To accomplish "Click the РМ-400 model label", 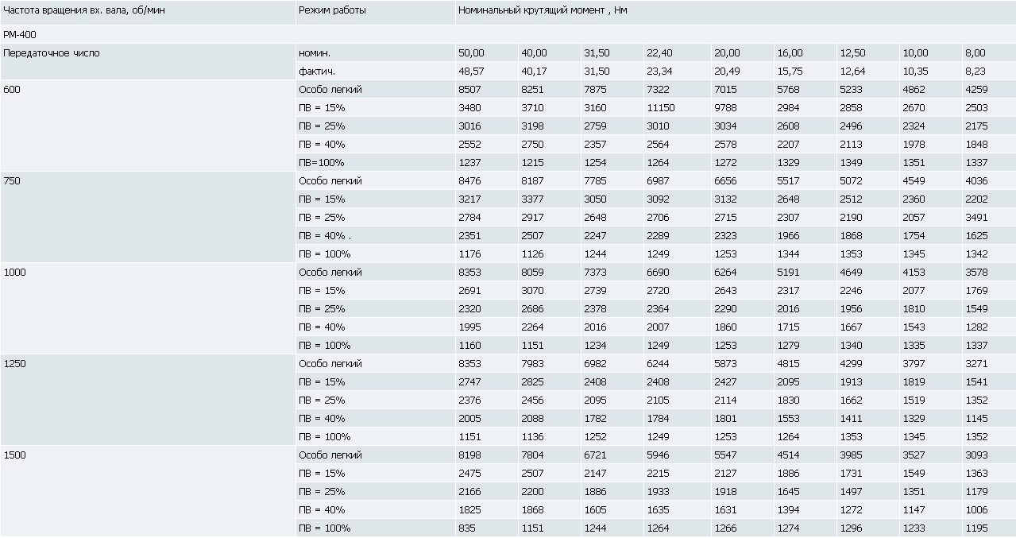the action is pos(20,34).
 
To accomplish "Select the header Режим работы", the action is pos(332,10).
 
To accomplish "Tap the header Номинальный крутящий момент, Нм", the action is pos(543,10).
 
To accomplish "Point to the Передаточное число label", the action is pos(52,53).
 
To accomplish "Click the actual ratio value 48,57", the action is pos(471,72).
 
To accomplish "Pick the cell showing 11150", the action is pos(660,108).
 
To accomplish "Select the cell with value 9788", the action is pos(725,108).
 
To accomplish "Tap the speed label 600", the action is pos(12,89).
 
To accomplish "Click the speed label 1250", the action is pos(14,364).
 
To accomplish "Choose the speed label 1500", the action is pos(14,455).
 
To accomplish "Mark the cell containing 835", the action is pos(467,528).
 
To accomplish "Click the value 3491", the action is pos(976,217).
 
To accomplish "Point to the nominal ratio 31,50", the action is pos(597,53).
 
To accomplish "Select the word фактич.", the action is pos(317,72).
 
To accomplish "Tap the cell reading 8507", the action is pos(469,89).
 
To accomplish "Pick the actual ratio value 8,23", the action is pos(975,72).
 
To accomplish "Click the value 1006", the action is pos(976,510).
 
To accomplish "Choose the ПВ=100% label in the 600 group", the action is pos(321,162).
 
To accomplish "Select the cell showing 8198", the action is pos(469,455).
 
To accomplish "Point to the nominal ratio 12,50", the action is pos(852,53).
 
